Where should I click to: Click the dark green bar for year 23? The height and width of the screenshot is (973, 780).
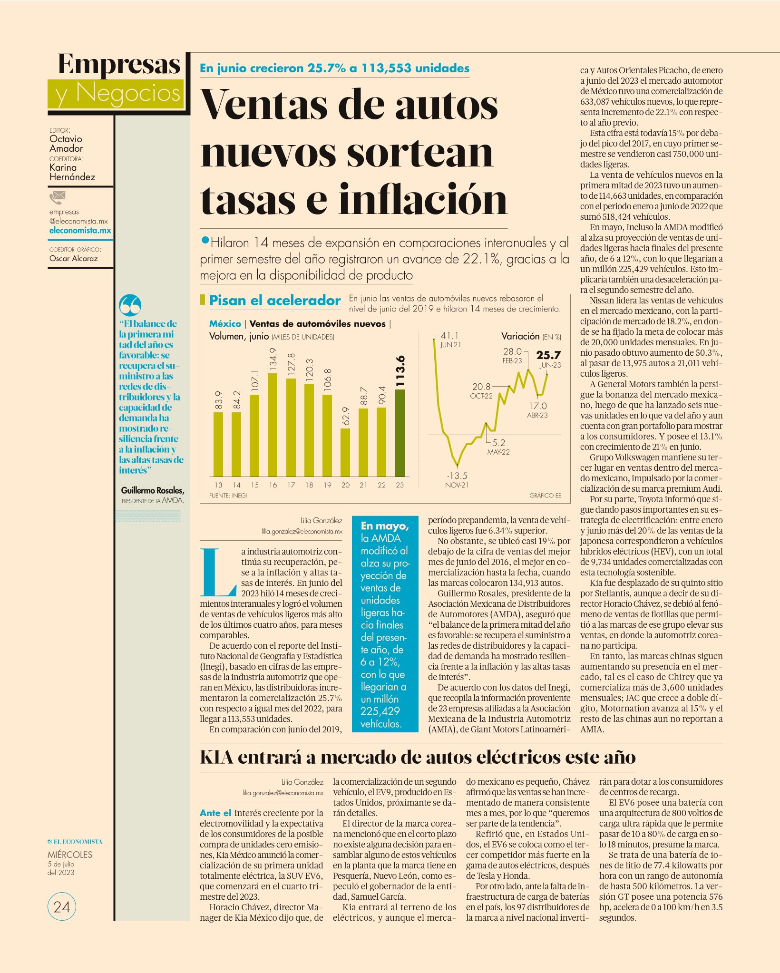tap(400, 433)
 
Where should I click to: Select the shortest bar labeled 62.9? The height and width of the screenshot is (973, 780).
tap(345, 452)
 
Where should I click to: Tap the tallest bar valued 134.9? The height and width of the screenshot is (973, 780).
tap(273, 425)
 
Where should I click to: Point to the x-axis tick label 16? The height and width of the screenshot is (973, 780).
tap(273, 485)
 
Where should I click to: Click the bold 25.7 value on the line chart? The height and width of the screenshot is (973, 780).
tap(548, 355)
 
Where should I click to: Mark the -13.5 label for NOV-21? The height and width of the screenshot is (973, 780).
tap(457, 476)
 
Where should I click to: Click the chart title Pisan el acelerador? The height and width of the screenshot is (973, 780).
tap(275, 301)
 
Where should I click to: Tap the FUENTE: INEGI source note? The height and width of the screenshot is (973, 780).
tap(228, 496)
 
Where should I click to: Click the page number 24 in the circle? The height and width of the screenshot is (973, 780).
tap(62, 907)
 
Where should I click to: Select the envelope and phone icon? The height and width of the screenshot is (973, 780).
tap(57, 197)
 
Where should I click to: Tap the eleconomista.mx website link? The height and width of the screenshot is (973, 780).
tap(80, 231)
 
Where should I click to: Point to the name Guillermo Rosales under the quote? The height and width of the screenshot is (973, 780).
tap(152, 490)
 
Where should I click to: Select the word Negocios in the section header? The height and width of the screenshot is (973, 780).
tap(128, 93)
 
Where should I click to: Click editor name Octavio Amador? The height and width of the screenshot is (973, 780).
tap(66, 144)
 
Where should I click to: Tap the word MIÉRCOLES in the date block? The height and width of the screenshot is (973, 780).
tap(70, 855)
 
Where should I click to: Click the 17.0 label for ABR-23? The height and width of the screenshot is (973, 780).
tap(538, 406)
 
